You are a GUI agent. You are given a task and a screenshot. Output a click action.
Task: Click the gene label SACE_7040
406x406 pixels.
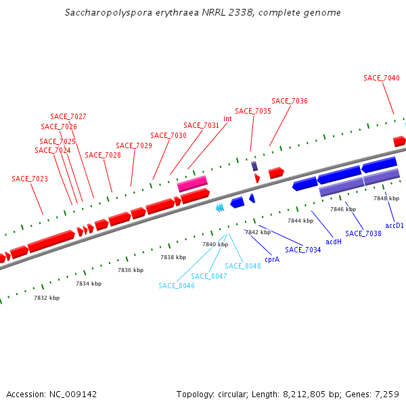click(x=382, y=78)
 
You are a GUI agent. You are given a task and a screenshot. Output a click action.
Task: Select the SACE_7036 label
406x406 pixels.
click(x=290, y=101)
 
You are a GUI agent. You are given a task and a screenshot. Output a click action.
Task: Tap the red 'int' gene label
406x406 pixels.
click(x=227, y=118)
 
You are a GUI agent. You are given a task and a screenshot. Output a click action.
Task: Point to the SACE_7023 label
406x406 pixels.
click(x=30, y=179)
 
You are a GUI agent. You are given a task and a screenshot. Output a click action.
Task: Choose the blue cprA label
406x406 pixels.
click(x=272, y=258)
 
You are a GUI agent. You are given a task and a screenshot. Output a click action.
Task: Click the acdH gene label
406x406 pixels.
click(x=334, y=242)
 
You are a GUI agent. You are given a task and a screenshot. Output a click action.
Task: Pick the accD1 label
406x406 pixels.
click(x=394, y=225)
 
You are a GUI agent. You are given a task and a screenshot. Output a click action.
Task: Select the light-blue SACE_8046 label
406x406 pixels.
click(x=177, y=286)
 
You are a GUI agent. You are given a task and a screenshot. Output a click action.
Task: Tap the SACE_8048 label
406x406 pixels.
click(x=243, y=266)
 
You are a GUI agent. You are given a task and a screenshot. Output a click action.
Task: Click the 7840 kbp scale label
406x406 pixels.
click(x=215, y=244)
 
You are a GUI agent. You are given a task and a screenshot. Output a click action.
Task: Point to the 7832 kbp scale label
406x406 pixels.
click(x=47, y=298)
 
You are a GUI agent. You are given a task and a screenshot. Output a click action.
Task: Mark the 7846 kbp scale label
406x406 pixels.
click(x=343, y=210)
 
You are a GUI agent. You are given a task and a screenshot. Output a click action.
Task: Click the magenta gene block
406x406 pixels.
click(x=192, y=183)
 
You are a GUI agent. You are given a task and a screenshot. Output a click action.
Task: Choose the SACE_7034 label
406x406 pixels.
click(x=303, y=250)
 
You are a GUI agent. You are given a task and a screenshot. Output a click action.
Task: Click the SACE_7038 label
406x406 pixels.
click(x=363, y=233)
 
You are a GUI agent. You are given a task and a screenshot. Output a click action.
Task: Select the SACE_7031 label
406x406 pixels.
click(x=202, y=125)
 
